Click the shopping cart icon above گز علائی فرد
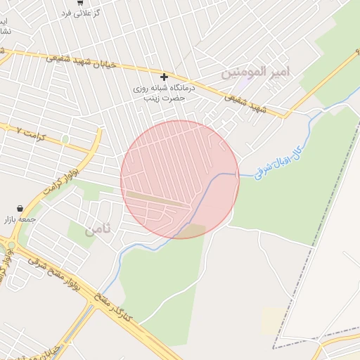80,3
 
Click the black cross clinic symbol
165,77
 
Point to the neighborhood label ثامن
98,229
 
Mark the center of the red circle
180,179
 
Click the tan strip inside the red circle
158,198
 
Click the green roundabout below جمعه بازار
11,245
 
